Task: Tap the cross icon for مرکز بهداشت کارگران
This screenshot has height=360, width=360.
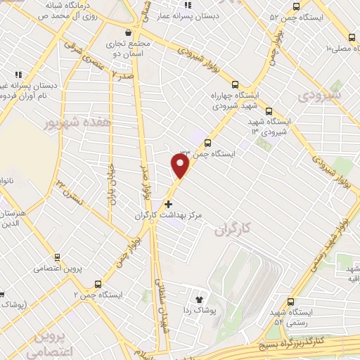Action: click(x=167, y=204)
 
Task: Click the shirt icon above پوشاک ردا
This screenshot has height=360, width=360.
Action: click(x=207, y=298)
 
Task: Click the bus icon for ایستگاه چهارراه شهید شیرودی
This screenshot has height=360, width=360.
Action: click(x=235, y=82)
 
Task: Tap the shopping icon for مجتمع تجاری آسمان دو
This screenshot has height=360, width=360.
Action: click(x=127, y=32)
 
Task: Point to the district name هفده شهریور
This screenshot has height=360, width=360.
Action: click(x=69, y=122)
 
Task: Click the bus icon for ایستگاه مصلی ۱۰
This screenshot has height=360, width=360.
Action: click(x=351, y=37)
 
